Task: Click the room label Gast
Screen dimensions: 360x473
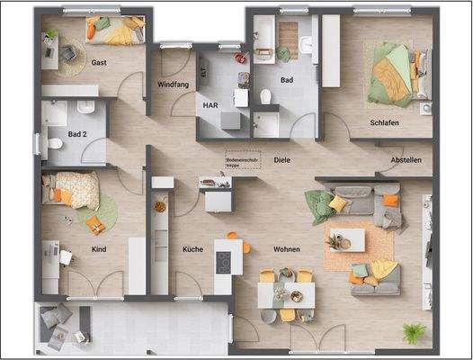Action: pos(100,62)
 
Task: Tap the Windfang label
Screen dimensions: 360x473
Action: pos(172,84)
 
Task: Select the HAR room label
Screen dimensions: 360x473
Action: pos(210,103)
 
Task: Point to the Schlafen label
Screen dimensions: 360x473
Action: pos(384,122)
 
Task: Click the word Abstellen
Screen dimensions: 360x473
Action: pos(406,160)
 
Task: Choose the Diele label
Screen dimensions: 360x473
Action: pos(282,160)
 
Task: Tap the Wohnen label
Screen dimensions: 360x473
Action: pos(287,248)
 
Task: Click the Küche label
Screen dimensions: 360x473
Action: pos(192,249)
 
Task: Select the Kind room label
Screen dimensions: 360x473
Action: pos(99,249)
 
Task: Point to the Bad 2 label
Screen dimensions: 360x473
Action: pos(77,134)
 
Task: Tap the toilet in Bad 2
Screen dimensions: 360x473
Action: pos(53,143)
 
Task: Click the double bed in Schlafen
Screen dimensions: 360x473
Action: pos(393,71)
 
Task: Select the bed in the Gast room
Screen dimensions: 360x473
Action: pos(115,32)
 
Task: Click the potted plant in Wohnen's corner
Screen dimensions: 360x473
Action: pos(413,334)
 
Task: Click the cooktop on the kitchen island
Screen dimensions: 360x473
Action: pos(221,262)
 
